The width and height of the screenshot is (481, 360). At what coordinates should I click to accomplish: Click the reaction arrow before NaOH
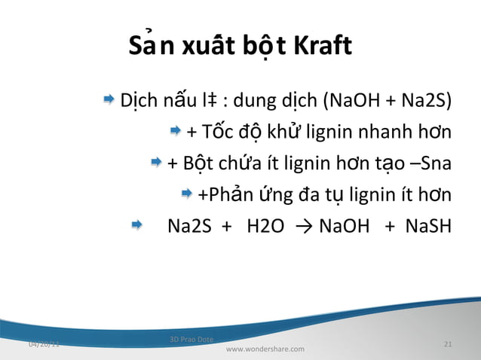306,226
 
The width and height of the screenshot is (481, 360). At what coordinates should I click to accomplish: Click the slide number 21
448,344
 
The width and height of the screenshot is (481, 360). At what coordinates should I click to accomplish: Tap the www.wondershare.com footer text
265,349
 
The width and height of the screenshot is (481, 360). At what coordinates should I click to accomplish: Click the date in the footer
44,344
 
